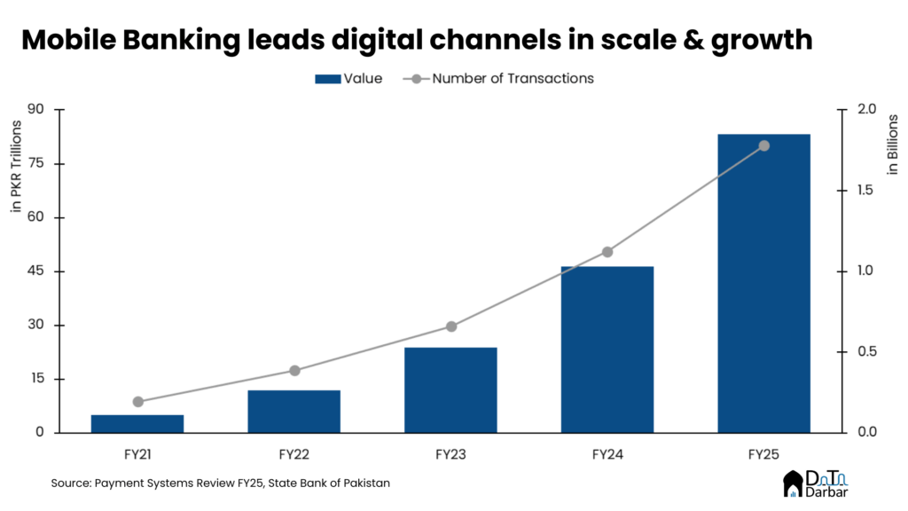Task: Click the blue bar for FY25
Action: point(763,284)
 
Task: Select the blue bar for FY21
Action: point(137,423)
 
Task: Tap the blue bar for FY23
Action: point(450,389)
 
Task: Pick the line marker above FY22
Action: point(294,371)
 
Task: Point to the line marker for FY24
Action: point(607,252)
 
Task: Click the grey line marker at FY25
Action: point(763,145)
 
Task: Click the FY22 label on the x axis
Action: point(294,454)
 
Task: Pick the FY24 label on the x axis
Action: point(607,454)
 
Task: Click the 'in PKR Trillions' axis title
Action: point(16,165)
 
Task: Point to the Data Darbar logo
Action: point(813,483)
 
